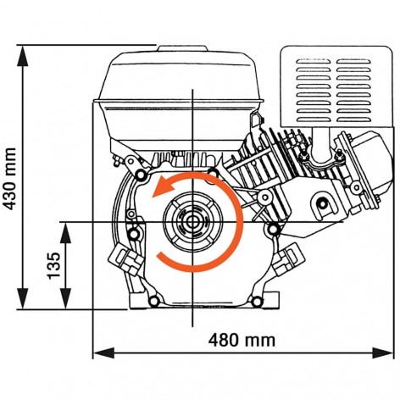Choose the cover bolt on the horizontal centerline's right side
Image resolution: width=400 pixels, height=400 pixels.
[x=271, y=229]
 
